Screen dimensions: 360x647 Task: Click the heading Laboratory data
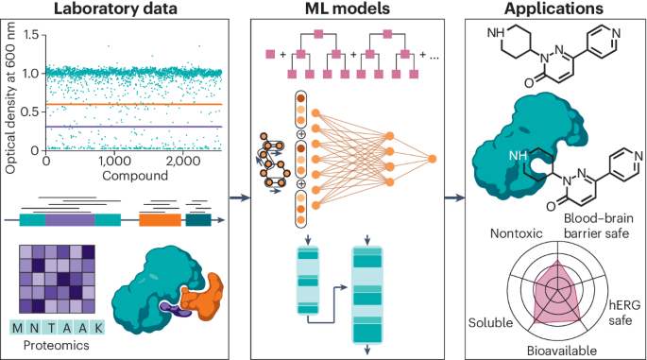click(122, 9)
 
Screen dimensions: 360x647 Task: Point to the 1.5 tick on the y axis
click(35, 35)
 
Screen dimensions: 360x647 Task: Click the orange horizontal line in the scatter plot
click(142, 104)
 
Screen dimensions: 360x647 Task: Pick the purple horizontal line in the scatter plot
click(142, 127)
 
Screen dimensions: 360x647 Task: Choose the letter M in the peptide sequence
click(17, 328)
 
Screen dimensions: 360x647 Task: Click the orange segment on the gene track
click(160, 219)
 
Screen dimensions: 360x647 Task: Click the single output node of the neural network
click(432, 159)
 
